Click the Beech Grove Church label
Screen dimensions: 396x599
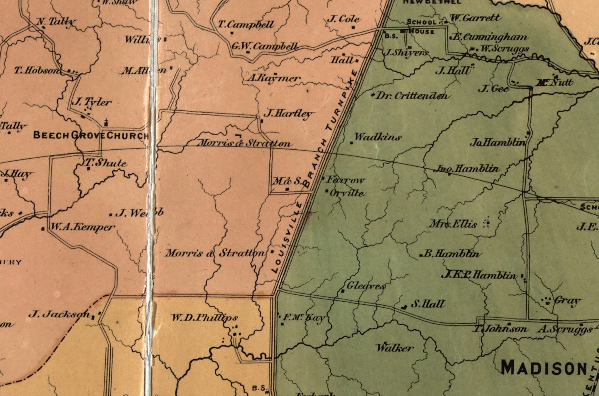(x=91, y=135)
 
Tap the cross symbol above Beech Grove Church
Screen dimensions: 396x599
(x=107, y=122)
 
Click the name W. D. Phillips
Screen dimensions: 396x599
(x=204, y=318)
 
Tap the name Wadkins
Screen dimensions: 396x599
(x=377, y=137)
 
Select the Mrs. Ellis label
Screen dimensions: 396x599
(x=453, y=225)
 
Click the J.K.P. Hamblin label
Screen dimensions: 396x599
(x=479, y=275)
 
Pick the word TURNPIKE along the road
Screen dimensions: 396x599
(x=341, y=101)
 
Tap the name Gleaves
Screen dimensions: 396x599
(x=366, y=286)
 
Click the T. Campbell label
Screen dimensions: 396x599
(x=246, y=25)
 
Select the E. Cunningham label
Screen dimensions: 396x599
(x=490, y=37)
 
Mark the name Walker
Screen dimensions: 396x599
(x=395, y=348)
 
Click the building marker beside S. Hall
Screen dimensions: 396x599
(x=404, y=307)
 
